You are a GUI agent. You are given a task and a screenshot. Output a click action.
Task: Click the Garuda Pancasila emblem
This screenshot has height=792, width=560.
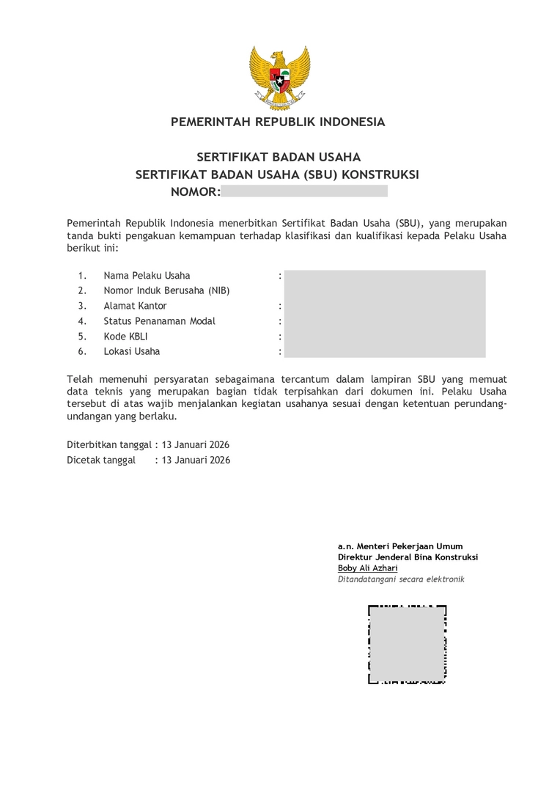tap(279, 77)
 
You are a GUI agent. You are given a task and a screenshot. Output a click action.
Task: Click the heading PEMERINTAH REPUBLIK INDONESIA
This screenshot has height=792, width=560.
tap(278, 122)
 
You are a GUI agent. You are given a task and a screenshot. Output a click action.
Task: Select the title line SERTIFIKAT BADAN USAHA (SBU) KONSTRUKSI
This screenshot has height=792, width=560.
tap(277, 175)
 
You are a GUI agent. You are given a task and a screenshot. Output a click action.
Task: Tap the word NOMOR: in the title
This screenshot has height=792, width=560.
tap(195, 192)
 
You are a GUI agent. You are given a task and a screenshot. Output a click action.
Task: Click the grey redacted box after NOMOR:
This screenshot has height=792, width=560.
tap(303, 191)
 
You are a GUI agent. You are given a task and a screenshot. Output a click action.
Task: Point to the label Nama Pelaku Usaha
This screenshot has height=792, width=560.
tap(147, 276)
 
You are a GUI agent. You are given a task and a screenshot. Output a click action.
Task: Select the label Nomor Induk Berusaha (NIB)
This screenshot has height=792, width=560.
tap(166, 290)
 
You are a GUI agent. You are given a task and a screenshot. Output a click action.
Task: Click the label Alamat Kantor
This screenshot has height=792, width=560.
tap(135, 306)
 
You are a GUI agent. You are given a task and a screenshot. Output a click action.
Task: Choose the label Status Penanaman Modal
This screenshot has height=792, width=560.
tap(159, 321)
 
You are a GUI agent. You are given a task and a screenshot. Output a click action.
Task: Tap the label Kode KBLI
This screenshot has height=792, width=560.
tap(125, 337)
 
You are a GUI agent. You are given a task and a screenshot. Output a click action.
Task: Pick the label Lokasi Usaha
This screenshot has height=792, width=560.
tap(131, 351)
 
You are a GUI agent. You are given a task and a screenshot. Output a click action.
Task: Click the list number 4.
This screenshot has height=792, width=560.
tap(82, 321)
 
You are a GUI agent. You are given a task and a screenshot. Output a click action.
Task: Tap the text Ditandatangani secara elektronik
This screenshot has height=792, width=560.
tap(401, 579)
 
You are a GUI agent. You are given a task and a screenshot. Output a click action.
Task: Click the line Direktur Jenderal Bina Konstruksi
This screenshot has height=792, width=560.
tap(408, 557)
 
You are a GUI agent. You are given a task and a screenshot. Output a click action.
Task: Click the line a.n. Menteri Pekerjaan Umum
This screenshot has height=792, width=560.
tap(400, 546)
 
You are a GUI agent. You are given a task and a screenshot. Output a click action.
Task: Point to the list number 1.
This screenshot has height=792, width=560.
tap(82, 276)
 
